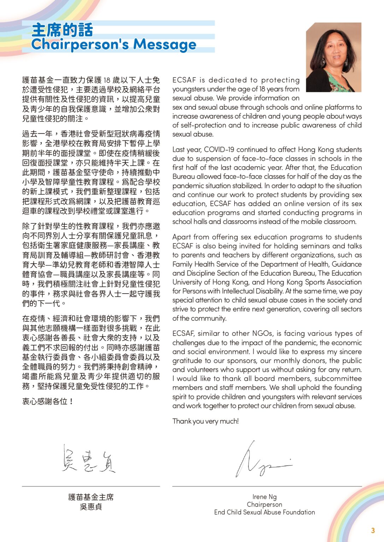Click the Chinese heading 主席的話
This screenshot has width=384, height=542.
coord(62,30)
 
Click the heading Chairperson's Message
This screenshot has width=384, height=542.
coord(113,44)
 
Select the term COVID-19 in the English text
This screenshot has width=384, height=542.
coord(219,150)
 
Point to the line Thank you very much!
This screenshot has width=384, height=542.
coord(206,421)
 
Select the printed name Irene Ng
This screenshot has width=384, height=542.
coord(264,497)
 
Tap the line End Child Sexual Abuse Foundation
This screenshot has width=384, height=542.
coord(264,512)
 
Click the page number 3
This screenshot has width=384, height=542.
coord(373,530)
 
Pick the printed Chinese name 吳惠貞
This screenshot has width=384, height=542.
coord(91,507)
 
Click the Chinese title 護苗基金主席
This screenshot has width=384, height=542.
coord(91,497)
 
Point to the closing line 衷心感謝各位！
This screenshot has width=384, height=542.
coord(48,402)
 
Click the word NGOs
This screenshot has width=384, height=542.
coord(262,333)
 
